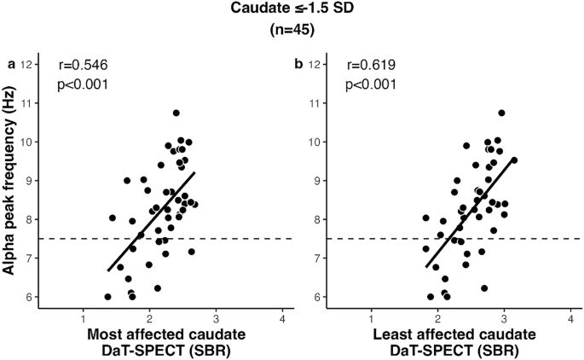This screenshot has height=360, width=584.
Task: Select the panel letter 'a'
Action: click(12, 65)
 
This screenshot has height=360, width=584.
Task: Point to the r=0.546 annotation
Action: click(83, 65)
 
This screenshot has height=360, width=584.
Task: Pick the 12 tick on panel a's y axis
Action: click(28, 64)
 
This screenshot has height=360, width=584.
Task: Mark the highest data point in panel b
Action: click(502, 113)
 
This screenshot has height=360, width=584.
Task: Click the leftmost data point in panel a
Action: click(107, 297)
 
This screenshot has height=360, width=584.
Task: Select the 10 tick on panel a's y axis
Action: click(28, 142)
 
